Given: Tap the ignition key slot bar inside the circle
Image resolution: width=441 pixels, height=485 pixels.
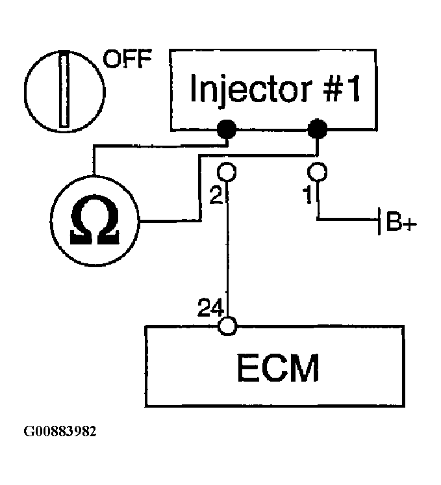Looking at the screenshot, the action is pos(64,89).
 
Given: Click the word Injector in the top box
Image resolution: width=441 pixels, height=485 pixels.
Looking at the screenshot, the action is pos(250,89).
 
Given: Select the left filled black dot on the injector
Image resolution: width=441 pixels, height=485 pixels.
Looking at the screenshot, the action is pos(227,129).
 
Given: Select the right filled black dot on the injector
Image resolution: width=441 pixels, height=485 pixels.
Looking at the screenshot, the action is pos(317,129).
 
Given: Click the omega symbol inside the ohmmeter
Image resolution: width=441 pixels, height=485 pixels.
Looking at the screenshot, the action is pos(95,220).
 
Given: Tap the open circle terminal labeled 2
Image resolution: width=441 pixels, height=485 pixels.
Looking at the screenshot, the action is pos(227,172).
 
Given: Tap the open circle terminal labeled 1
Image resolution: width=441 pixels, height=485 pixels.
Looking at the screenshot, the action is pos(317,172).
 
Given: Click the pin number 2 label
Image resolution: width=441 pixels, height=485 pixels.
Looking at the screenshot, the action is pos(216,195).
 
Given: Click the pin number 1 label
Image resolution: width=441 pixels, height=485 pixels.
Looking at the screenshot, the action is pos(308,196).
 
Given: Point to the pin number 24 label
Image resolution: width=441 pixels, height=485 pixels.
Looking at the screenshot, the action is pos(210,307).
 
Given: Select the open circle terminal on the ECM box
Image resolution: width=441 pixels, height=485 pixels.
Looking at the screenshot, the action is pos(227,326).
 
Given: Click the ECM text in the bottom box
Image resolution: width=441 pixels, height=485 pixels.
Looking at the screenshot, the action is pos(277,368).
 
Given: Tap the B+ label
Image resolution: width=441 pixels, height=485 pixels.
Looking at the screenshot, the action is pos(401,221).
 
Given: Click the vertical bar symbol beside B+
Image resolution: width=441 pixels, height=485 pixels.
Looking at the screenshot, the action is pos(379,221).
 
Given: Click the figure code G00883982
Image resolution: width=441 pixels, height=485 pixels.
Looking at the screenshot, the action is pos(60,431).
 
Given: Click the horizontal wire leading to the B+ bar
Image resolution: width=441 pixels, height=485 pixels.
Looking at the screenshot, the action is pos(347,219).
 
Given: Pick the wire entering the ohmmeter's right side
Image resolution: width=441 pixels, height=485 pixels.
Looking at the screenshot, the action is pos(170,221).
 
